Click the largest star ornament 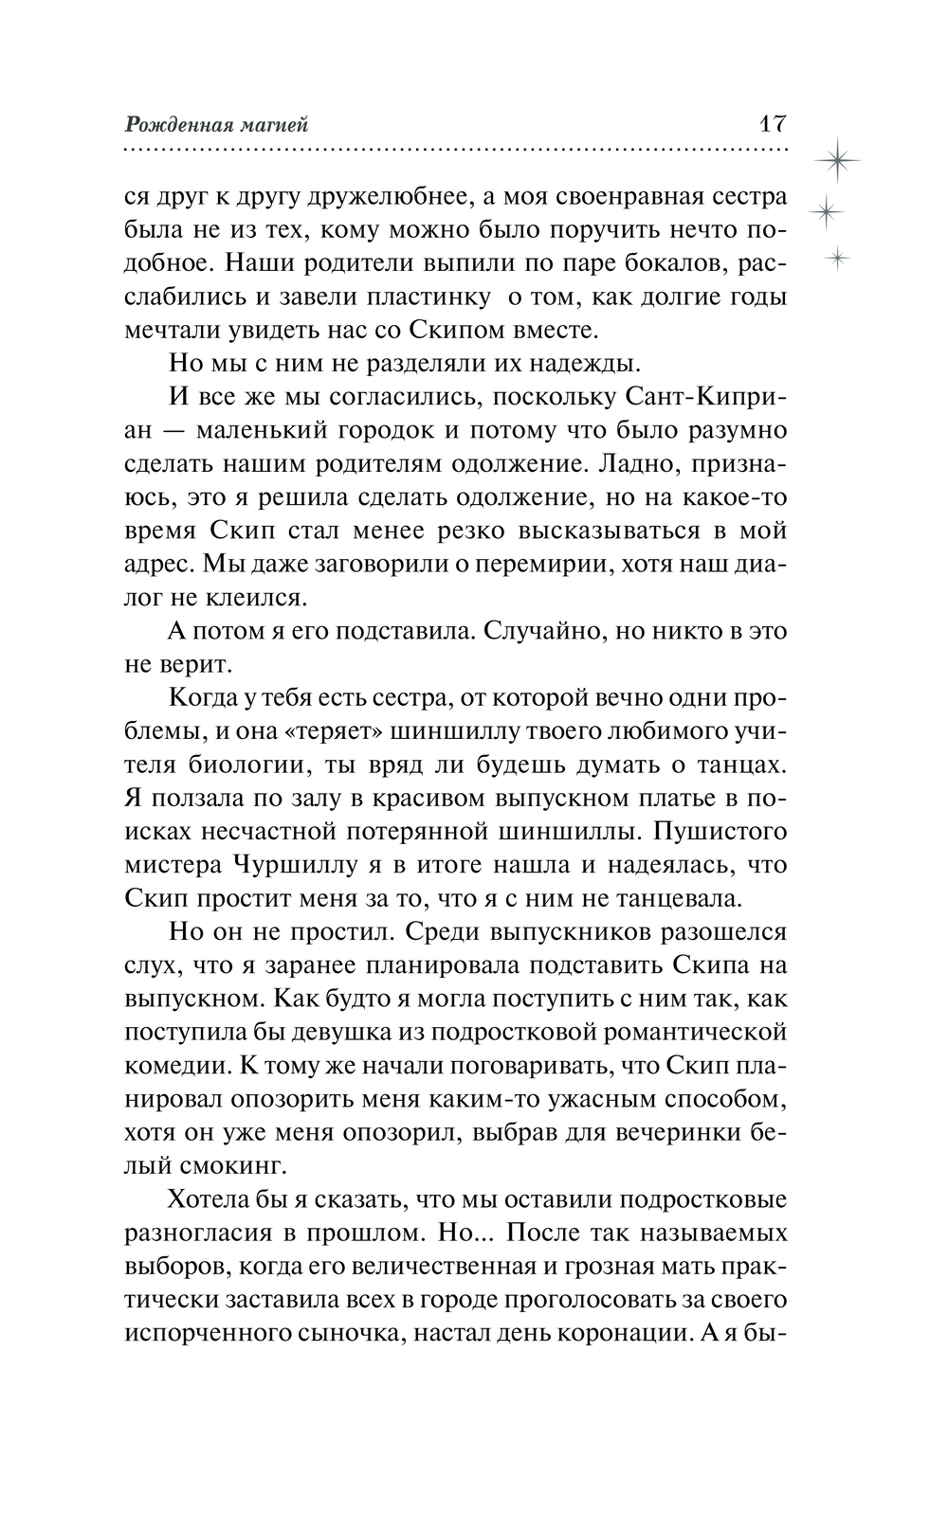pos(838,160)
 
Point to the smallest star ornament pos(837,256)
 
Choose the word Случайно pos(541,630)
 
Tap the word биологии pos(238,765)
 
